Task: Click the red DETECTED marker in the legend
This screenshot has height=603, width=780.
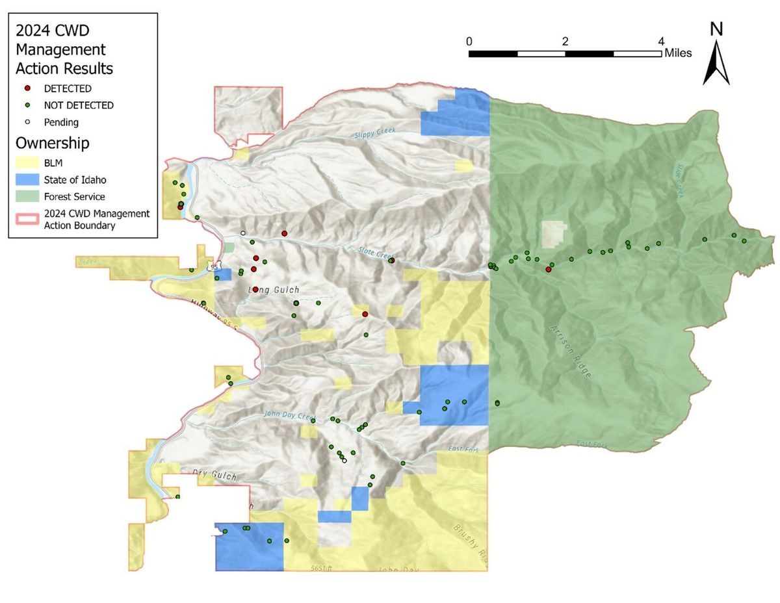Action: click(27, 88)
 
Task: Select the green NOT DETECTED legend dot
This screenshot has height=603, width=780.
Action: click(27, 105)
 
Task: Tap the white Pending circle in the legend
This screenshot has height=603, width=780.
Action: click(27, 122)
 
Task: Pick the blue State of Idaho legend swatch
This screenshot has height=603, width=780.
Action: click(27, 180)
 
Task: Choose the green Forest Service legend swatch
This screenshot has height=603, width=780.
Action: click(27, 196)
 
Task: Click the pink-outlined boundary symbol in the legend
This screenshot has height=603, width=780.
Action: click(27, 219)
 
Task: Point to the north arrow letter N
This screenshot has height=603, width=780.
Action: click(716, 29)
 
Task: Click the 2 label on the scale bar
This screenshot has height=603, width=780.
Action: click(565, 41)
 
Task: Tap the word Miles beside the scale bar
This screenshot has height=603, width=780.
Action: click(678, 53)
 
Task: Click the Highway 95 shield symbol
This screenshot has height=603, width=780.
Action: click(214, 266)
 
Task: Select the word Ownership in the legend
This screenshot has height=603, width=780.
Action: click(53, 143)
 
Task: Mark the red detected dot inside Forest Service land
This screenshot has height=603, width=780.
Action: click(549, 269)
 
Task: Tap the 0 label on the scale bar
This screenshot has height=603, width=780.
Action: click(469, 41)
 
